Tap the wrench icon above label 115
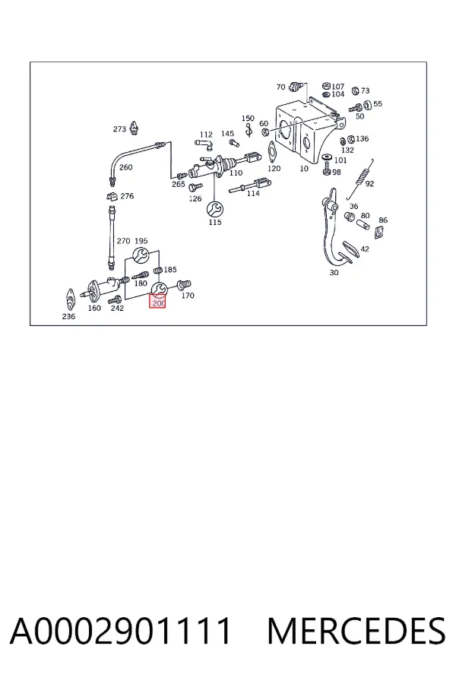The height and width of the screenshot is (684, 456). [x=214, y=210]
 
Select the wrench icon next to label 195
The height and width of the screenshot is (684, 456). [x=141, y=255]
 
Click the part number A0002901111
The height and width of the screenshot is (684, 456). [x=120, y=631]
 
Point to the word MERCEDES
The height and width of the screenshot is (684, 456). [x=356, y=631]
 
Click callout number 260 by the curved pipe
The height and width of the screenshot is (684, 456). [x=125, y=167]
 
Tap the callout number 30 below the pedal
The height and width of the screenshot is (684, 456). [x=334, y=273]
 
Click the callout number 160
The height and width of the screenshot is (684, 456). [x=94, y=308]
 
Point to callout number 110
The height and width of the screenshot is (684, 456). [x=236, y=173]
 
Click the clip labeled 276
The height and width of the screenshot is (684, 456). [x=112, y=196]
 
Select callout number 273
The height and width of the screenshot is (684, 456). [x=119, y=129]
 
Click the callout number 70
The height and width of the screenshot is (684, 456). [x=280, y=87]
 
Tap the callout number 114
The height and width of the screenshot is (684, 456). [x=253, y=193]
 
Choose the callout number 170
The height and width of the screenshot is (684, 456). [x=188, y=296]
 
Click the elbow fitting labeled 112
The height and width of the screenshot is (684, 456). [x=204, y=144]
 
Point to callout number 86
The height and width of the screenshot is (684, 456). [x=383, y=220]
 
